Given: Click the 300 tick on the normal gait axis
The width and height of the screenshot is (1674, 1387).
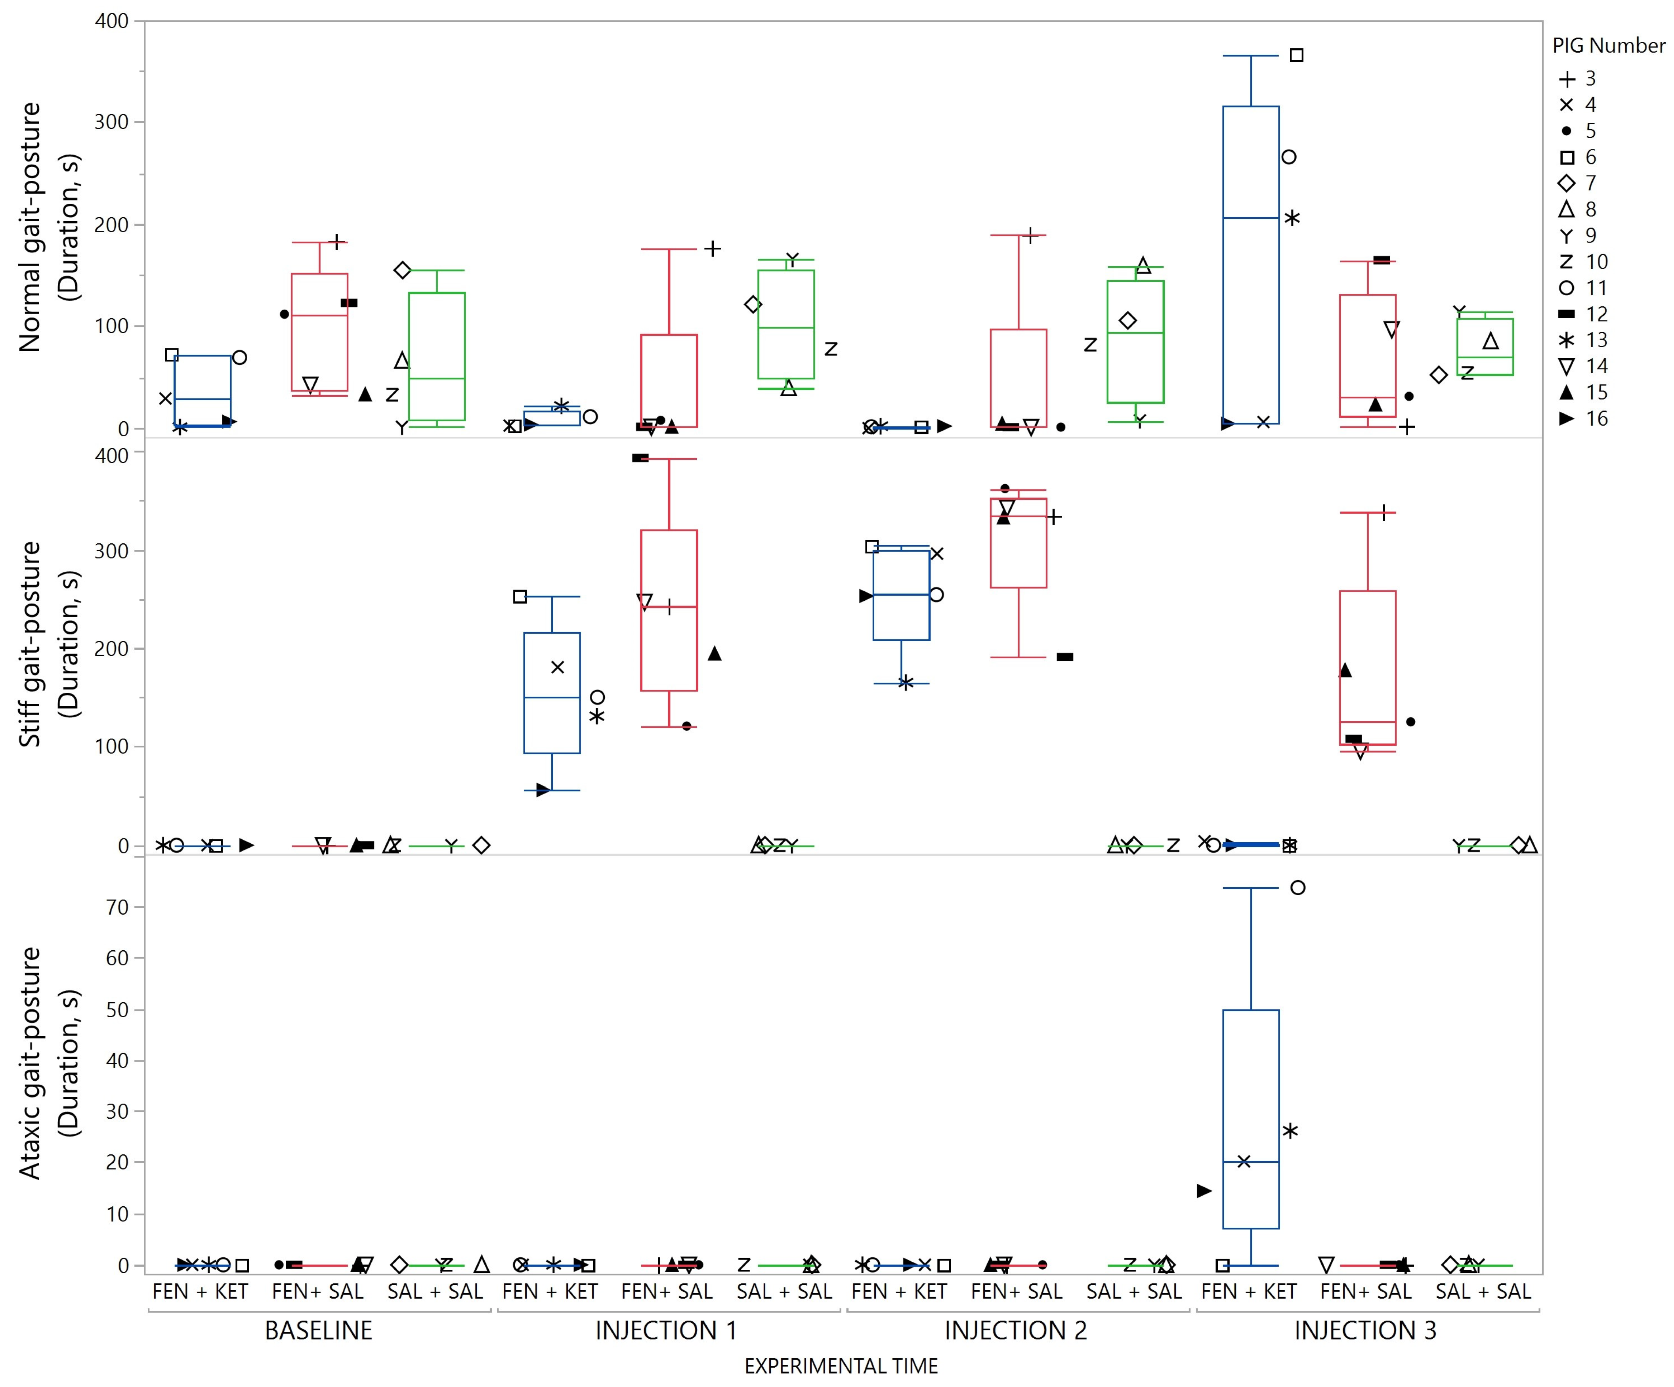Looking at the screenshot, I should (x=112, y=122).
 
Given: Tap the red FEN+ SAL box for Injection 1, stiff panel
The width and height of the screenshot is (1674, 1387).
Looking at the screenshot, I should (x=669, y=610).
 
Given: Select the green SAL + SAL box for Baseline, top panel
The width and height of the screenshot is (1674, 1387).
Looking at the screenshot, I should (x=437, y=356).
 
